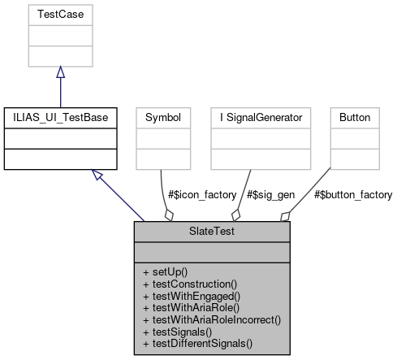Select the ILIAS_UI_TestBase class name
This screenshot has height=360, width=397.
point(60,117)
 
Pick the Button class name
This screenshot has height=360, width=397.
point(355,117)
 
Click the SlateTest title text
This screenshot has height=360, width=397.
point(212,231)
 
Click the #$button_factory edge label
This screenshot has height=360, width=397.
point(354,195)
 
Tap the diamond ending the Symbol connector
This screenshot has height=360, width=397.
point(169,215)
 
